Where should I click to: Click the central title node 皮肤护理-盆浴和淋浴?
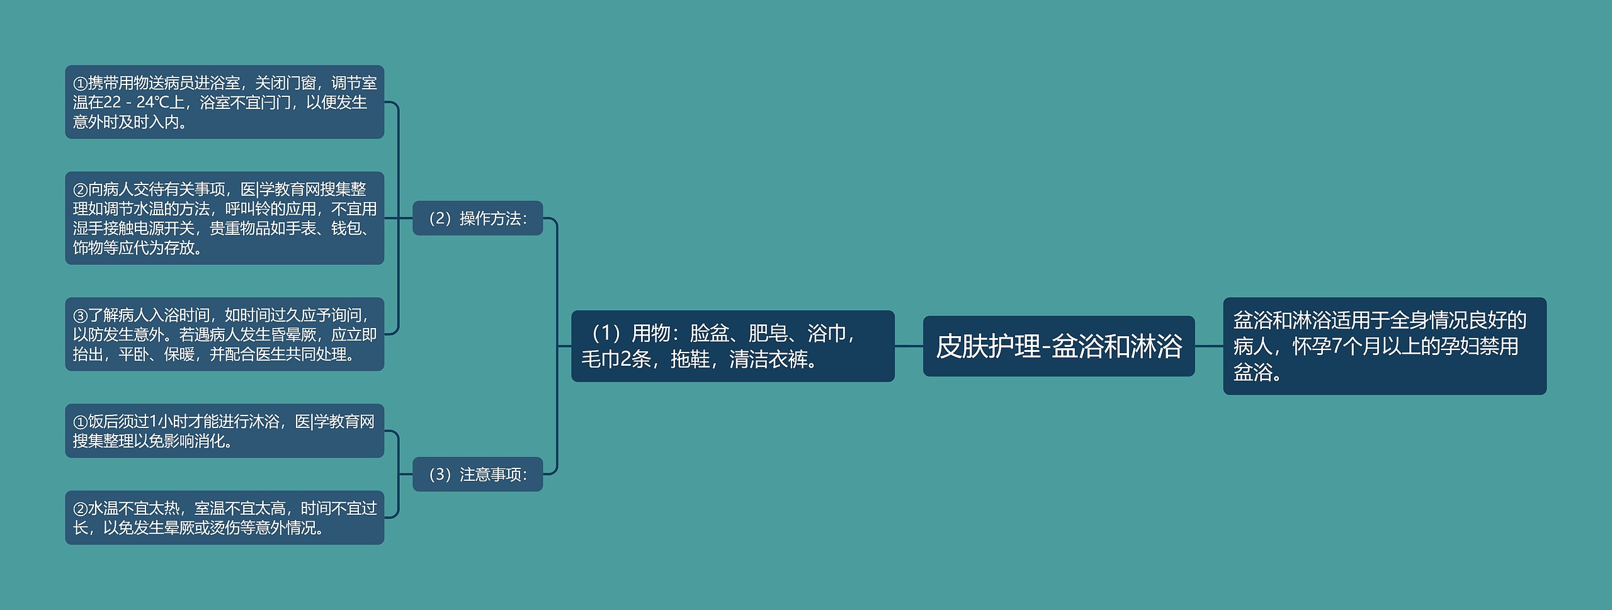click(1058, 346)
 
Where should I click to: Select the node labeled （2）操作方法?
click(477, 218)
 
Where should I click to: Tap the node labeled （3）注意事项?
click(477, 474)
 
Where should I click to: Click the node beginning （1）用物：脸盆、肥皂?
click(732, 346)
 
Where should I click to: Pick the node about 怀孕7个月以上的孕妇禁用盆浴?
click(1384, 346)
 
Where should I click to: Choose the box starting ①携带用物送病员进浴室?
click(224, 102)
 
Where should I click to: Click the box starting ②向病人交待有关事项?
click(224, 218)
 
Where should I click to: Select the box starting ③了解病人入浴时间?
click(224, 334)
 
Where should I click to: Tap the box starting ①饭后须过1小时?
click(224, 431)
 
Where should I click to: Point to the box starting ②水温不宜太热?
click(224, 517)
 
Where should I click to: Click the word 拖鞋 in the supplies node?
click(690, 359)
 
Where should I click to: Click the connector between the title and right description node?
click(1208, 346)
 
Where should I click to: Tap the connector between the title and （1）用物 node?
click(909, 346)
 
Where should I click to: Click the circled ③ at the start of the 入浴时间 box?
click(80, 316)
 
